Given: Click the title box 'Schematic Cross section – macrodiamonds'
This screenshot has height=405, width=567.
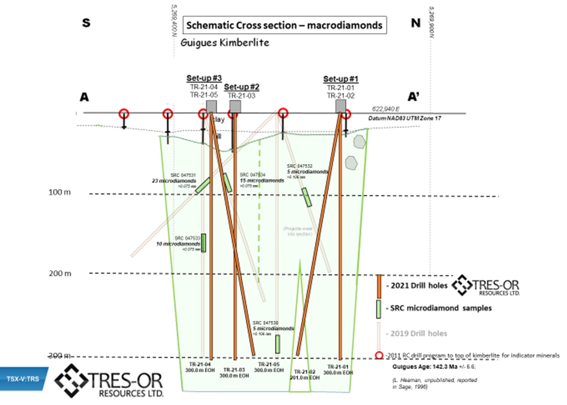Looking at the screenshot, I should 284,26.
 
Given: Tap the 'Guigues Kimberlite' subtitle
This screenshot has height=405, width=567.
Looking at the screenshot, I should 225,42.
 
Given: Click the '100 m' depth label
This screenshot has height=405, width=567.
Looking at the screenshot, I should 60,193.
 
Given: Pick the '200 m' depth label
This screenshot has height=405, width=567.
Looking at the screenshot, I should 60,273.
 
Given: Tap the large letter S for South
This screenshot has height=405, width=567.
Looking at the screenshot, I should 87,23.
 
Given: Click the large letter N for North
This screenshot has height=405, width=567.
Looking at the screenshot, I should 415,23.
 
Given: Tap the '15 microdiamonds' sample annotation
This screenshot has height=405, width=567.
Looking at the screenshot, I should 261,180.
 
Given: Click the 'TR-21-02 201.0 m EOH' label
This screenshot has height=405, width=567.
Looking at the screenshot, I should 306,374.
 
